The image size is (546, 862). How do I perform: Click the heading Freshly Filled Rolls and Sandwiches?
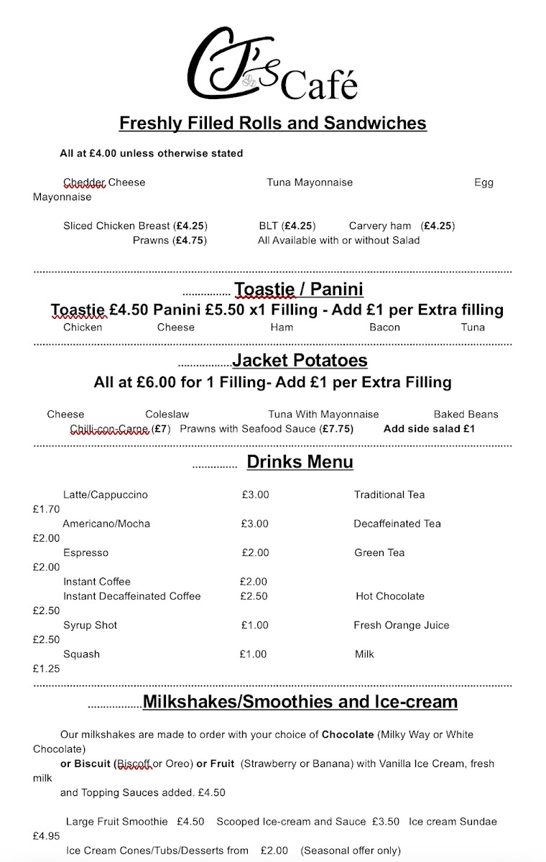pos(272,124)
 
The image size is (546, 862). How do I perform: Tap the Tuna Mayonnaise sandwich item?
pos(310,182)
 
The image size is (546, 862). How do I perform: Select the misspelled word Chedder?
pos(84,182)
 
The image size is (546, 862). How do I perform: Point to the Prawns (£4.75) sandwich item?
pos(170,241)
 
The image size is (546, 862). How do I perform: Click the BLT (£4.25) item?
pos(287,226)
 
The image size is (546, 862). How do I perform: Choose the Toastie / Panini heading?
pos(298,289)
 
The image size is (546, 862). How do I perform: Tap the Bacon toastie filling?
pos(384,328)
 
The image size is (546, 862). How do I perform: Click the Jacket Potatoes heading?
pos(300,361)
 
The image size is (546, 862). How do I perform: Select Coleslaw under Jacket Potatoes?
pos(167,414)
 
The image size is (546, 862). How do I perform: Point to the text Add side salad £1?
pos(429,429)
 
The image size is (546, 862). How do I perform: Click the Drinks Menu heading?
pos(300,462)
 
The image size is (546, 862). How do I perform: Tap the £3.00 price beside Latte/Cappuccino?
pos(255,495)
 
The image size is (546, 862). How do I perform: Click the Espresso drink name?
pos(85,553)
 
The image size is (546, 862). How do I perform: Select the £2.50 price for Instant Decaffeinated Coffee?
pos(254,596)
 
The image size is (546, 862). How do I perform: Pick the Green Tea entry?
pos(379,553)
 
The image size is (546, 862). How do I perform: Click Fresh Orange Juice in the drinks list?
pos(401,626)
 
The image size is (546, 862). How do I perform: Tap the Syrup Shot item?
pos(91,626)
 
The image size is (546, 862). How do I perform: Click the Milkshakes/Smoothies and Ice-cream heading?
pos(300,702)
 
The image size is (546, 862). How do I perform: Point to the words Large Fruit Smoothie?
pos(116,822)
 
